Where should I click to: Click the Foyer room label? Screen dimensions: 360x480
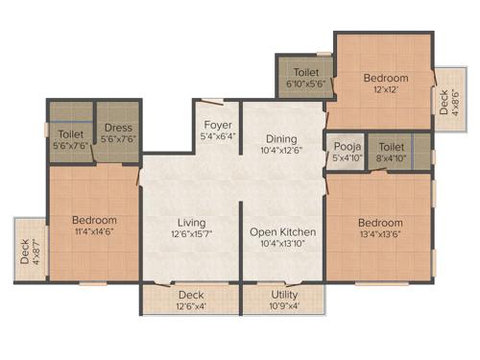[215, 125]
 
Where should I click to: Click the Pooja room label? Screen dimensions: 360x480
[346, 146]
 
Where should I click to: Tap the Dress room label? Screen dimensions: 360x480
[118, 127]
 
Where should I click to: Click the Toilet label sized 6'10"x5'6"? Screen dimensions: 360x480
[306, 72]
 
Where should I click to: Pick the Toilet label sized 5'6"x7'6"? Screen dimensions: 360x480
[71, 134]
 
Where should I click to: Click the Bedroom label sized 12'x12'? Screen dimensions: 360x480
[385, 78]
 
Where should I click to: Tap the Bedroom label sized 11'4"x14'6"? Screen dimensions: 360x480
[94, 219]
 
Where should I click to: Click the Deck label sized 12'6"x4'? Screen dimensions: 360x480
[190, 295]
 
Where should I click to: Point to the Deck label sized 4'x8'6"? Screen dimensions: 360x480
[443, 102]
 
